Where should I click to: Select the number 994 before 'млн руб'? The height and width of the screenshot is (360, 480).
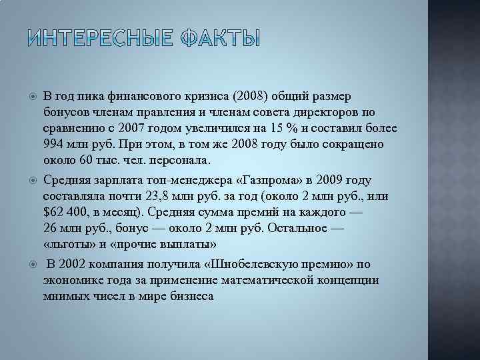coord(54,144)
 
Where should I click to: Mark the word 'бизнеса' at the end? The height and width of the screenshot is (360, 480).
coord(190,297)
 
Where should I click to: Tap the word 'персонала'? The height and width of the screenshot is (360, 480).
coord(181,160)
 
